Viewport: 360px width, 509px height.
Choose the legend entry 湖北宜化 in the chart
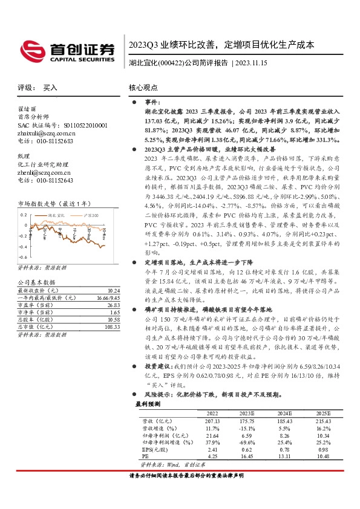point(55,215)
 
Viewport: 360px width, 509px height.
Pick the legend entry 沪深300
point(91,215)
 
